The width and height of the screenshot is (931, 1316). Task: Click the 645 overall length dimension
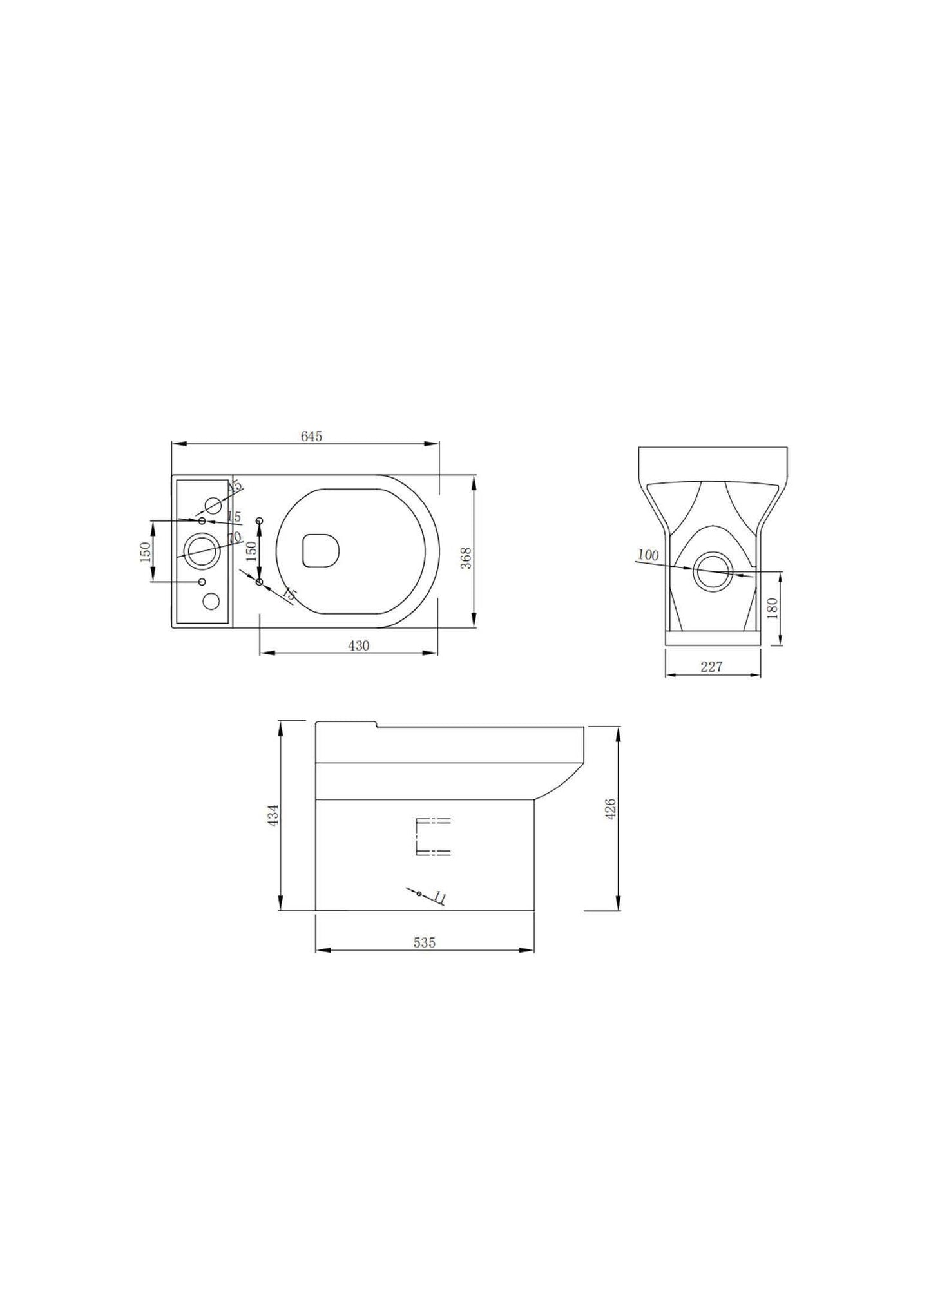click(x=311, y=436)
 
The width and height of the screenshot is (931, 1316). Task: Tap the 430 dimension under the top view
click(x=358, y=645)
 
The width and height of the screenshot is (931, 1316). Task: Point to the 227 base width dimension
click(x=711, y=667)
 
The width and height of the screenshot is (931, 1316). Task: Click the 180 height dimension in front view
click(x=773, y=607)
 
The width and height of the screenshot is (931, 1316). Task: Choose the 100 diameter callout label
click(x=648, y=555)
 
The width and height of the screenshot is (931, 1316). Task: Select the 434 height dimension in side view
click(x=273, y=815)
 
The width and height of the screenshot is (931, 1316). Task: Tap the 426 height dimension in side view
click(x=611, y=808)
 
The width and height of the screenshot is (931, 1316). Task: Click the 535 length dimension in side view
click(x=424, y=943)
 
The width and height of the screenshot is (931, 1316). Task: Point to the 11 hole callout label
click(x=441, y=897)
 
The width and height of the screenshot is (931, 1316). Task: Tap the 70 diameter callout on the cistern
click(x=234, y=537)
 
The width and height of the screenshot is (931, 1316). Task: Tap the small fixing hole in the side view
click(x=419, y=893)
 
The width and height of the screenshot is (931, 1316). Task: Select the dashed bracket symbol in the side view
click(x=432, y=837)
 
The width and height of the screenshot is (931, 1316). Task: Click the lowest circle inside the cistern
click(x=211, y=602)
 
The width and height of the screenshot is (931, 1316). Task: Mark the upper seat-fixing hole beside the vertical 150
click(x=260, y=520)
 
